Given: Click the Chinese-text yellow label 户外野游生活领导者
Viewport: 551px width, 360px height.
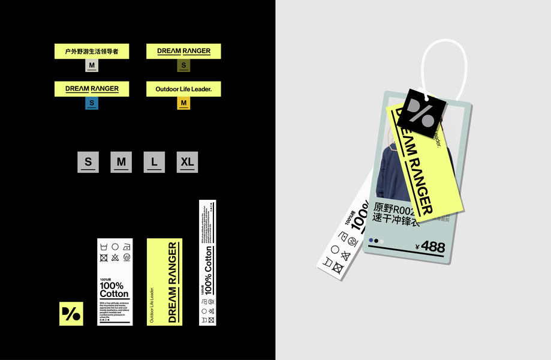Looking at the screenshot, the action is [92, 51].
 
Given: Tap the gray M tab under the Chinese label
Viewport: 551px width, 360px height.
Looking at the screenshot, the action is [92, 65].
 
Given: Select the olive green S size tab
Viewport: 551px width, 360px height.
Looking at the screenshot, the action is [183, 65].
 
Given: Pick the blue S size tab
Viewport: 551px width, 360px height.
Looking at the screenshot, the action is [92, 103].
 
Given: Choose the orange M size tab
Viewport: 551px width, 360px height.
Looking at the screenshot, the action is [183, 103].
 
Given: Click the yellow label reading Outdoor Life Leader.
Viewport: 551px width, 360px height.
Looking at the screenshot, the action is [183, 89].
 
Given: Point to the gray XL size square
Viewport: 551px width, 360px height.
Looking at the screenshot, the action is [188, 162].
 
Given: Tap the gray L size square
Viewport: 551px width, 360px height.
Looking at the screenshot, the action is [154, 162].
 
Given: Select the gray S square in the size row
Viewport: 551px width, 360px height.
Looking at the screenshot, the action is [88, 162].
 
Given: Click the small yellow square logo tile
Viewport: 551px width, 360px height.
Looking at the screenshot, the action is [71, 314].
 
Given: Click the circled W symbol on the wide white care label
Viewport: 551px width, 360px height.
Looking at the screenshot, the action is [127, 257].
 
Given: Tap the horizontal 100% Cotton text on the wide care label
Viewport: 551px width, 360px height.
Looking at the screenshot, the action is [114, 290].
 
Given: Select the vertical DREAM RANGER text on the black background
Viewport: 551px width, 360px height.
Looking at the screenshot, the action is [173, 282].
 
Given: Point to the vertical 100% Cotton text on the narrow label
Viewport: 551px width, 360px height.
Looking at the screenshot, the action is [208, 277].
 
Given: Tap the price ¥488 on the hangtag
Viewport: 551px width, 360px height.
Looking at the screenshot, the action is [430, 246].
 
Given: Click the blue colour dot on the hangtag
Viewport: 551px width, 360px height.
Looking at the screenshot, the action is [371, 241].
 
